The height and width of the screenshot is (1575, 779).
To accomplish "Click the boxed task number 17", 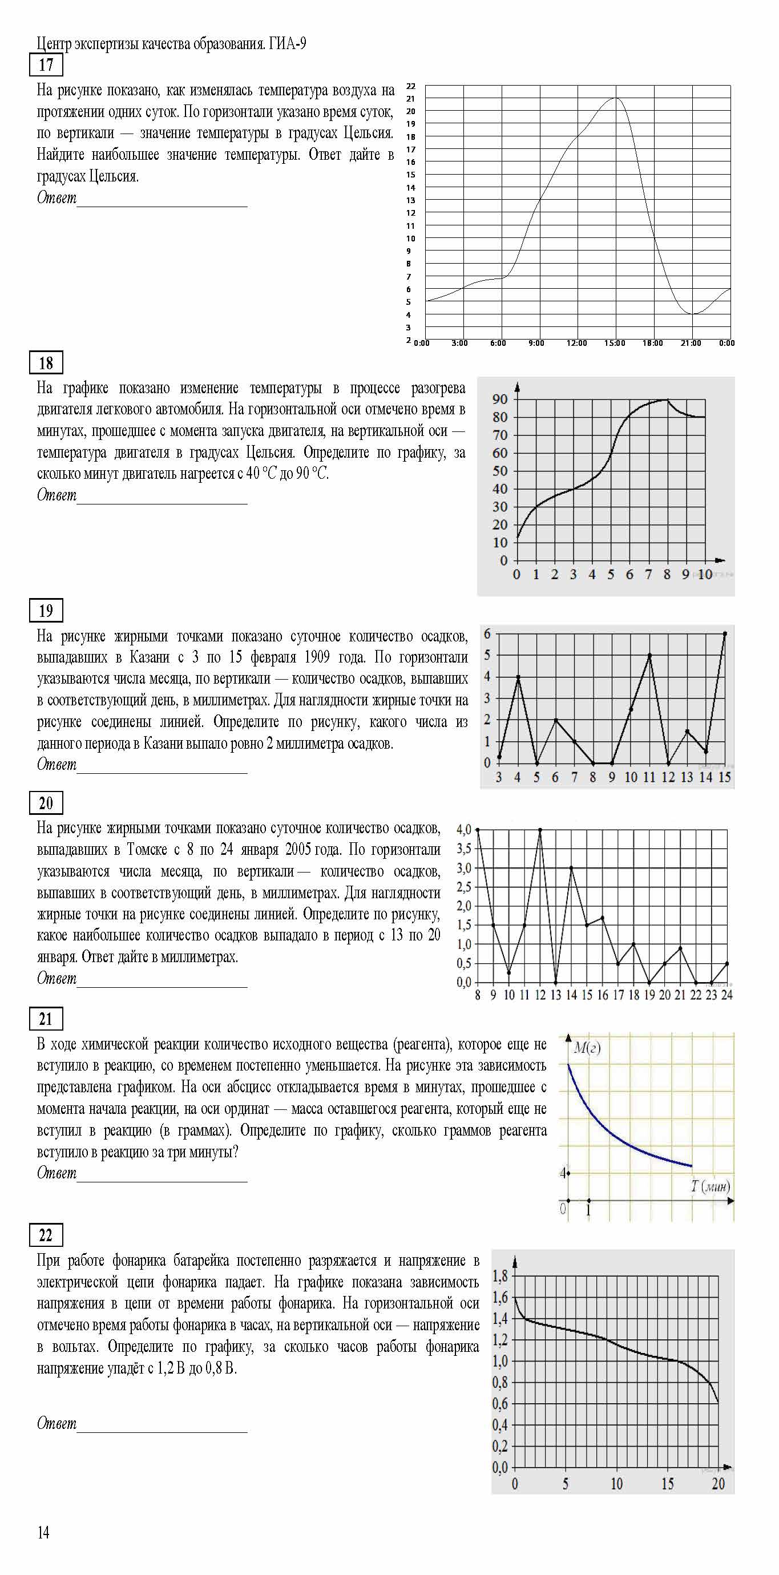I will (46, 65).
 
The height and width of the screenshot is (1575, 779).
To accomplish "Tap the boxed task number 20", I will (46, 803).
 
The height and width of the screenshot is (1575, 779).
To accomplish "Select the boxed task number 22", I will (46, 1235).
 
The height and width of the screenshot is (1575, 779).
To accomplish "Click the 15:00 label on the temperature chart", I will (615, 344).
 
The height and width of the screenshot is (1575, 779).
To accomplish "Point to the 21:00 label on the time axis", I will (691, 344).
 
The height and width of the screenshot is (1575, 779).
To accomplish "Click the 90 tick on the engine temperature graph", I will (500, 399).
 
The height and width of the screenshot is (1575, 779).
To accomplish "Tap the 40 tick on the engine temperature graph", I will (500, 489).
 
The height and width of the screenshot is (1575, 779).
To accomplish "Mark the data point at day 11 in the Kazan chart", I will (649, 656).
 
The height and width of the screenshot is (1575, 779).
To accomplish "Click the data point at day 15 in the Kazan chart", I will (725, 633).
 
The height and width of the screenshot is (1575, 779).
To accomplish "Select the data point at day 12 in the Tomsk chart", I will (540, 830).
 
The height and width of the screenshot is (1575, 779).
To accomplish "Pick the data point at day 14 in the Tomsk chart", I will (571, 868).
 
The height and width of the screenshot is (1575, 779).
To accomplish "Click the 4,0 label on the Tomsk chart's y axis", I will (464, 830).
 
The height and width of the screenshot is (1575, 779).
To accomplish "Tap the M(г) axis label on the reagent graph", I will (587, 1048).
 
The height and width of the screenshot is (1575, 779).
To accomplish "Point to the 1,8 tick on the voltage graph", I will (500, 1276).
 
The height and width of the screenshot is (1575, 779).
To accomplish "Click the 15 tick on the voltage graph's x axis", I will (667, 1484).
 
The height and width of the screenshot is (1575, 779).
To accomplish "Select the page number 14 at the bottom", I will (43, 1532).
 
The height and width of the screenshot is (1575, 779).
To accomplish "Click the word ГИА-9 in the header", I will (288, 44).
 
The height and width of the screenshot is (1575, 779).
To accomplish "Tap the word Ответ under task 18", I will (57, 495).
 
